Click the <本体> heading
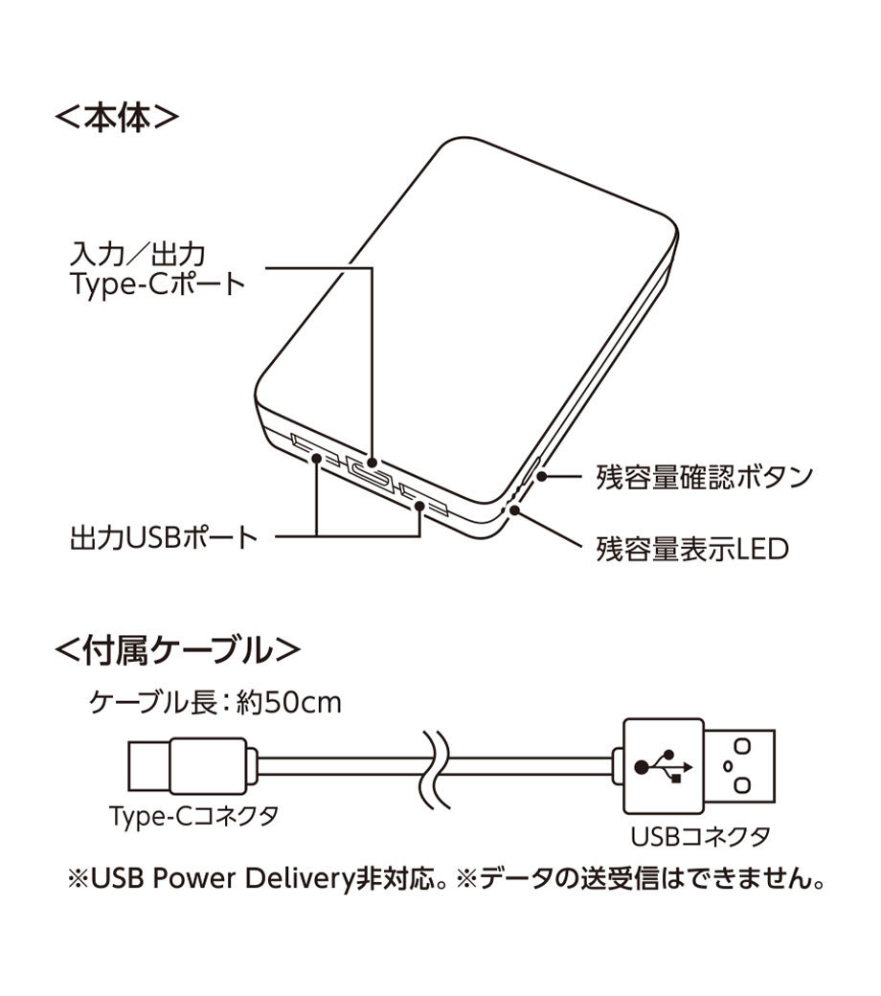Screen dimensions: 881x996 pos(117,118)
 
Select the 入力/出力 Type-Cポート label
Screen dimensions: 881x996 pos(157,269)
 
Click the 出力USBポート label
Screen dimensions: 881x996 pos(164,538)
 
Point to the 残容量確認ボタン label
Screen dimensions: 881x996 pos(704,477)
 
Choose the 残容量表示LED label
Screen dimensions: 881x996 pos(691,549)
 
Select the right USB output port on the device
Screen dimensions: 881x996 pos(424,499)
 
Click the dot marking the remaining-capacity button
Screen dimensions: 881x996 pos(540,476)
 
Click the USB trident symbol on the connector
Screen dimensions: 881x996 pos(664,766)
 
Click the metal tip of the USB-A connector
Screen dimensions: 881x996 pos(739,766)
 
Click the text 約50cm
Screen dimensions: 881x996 pos(288,703)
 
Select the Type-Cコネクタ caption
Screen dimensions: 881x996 pos(193,816)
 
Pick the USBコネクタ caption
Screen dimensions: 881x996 pos(700,836)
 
